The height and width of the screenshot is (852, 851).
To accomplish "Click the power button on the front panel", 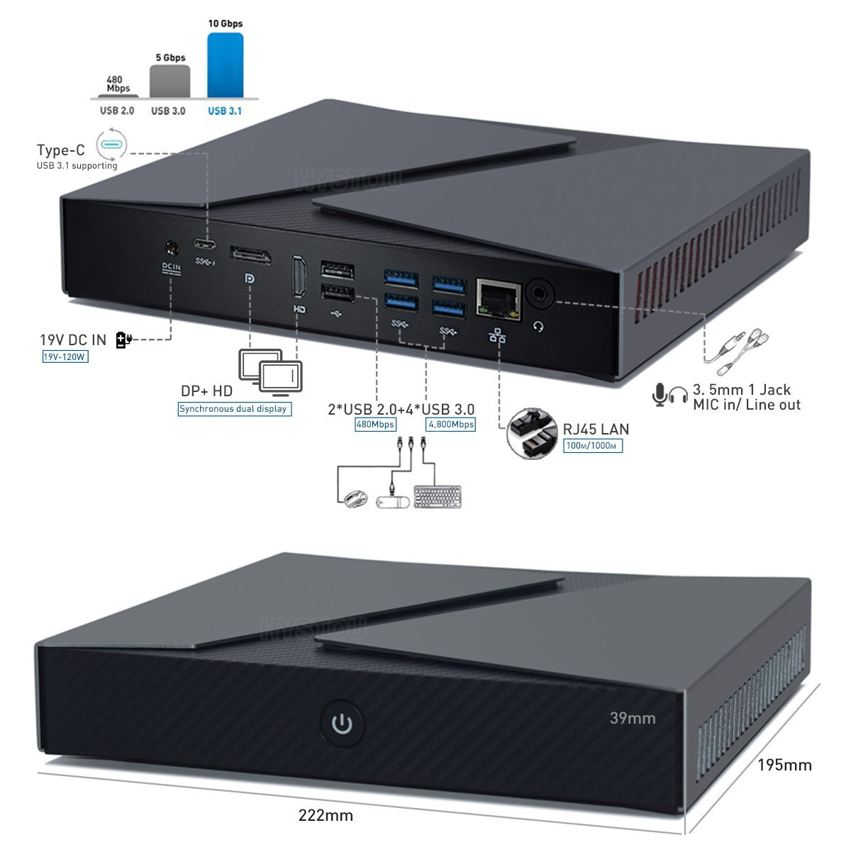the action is pyautogui.click(x=342, y=723).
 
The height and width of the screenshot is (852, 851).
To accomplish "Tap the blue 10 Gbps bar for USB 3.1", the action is pyautogui.click(x=226, y=65).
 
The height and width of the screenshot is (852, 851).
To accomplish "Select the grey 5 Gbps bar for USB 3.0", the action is pyautogui.click(x=170, y=82).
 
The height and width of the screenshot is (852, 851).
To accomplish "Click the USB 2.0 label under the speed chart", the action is pyautogui.click(x=117, y=111).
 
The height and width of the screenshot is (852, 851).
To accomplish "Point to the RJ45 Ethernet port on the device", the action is pyautogui.click(x=499, y=298).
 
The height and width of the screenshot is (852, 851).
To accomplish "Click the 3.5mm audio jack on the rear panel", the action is pyautogui.click(x=540, y=293).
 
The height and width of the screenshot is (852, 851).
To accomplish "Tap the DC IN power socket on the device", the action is pyautogui.click(x=172, y=248).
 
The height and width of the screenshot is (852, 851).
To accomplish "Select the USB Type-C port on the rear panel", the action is pyautogui.click(x=205, y=244).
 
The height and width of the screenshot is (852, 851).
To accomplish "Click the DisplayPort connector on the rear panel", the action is pyautogui.click(x=250, y=256).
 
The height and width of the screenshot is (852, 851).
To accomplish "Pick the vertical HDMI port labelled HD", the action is pyautogui.click(x=299, y=276).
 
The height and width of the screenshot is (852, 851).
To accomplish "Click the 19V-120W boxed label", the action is pyautogui.click(x=65, y=357).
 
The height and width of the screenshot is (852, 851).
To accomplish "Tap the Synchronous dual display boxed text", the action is pyautogui.click(x=234, y=408).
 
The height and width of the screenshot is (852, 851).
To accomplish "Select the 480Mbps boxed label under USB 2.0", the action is pyautogui.click(x=375, y=424).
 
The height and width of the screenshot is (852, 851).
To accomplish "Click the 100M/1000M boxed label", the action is pyautogui.click(x=593, y=445).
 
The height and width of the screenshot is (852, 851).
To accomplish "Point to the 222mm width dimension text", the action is pyautogui.click(x=326, y=815).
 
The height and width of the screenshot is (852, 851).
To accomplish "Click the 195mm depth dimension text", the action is pyautogui.click(x=784, y=765).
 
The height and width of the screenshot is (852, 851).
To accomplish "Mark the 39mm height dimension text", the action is pyautogui.click(x=633, y=718).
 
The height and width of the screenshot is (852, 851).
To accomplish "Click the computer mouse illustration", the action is pyautogui.click(x=355, y=498).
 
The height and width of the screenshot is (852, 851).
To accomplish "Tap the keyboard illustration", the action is pyautogui.click(x=438, y=496).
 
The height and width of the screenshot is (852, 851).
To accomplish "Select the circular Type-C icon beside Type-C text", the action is pyautogui.click(x=111, y=144).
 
